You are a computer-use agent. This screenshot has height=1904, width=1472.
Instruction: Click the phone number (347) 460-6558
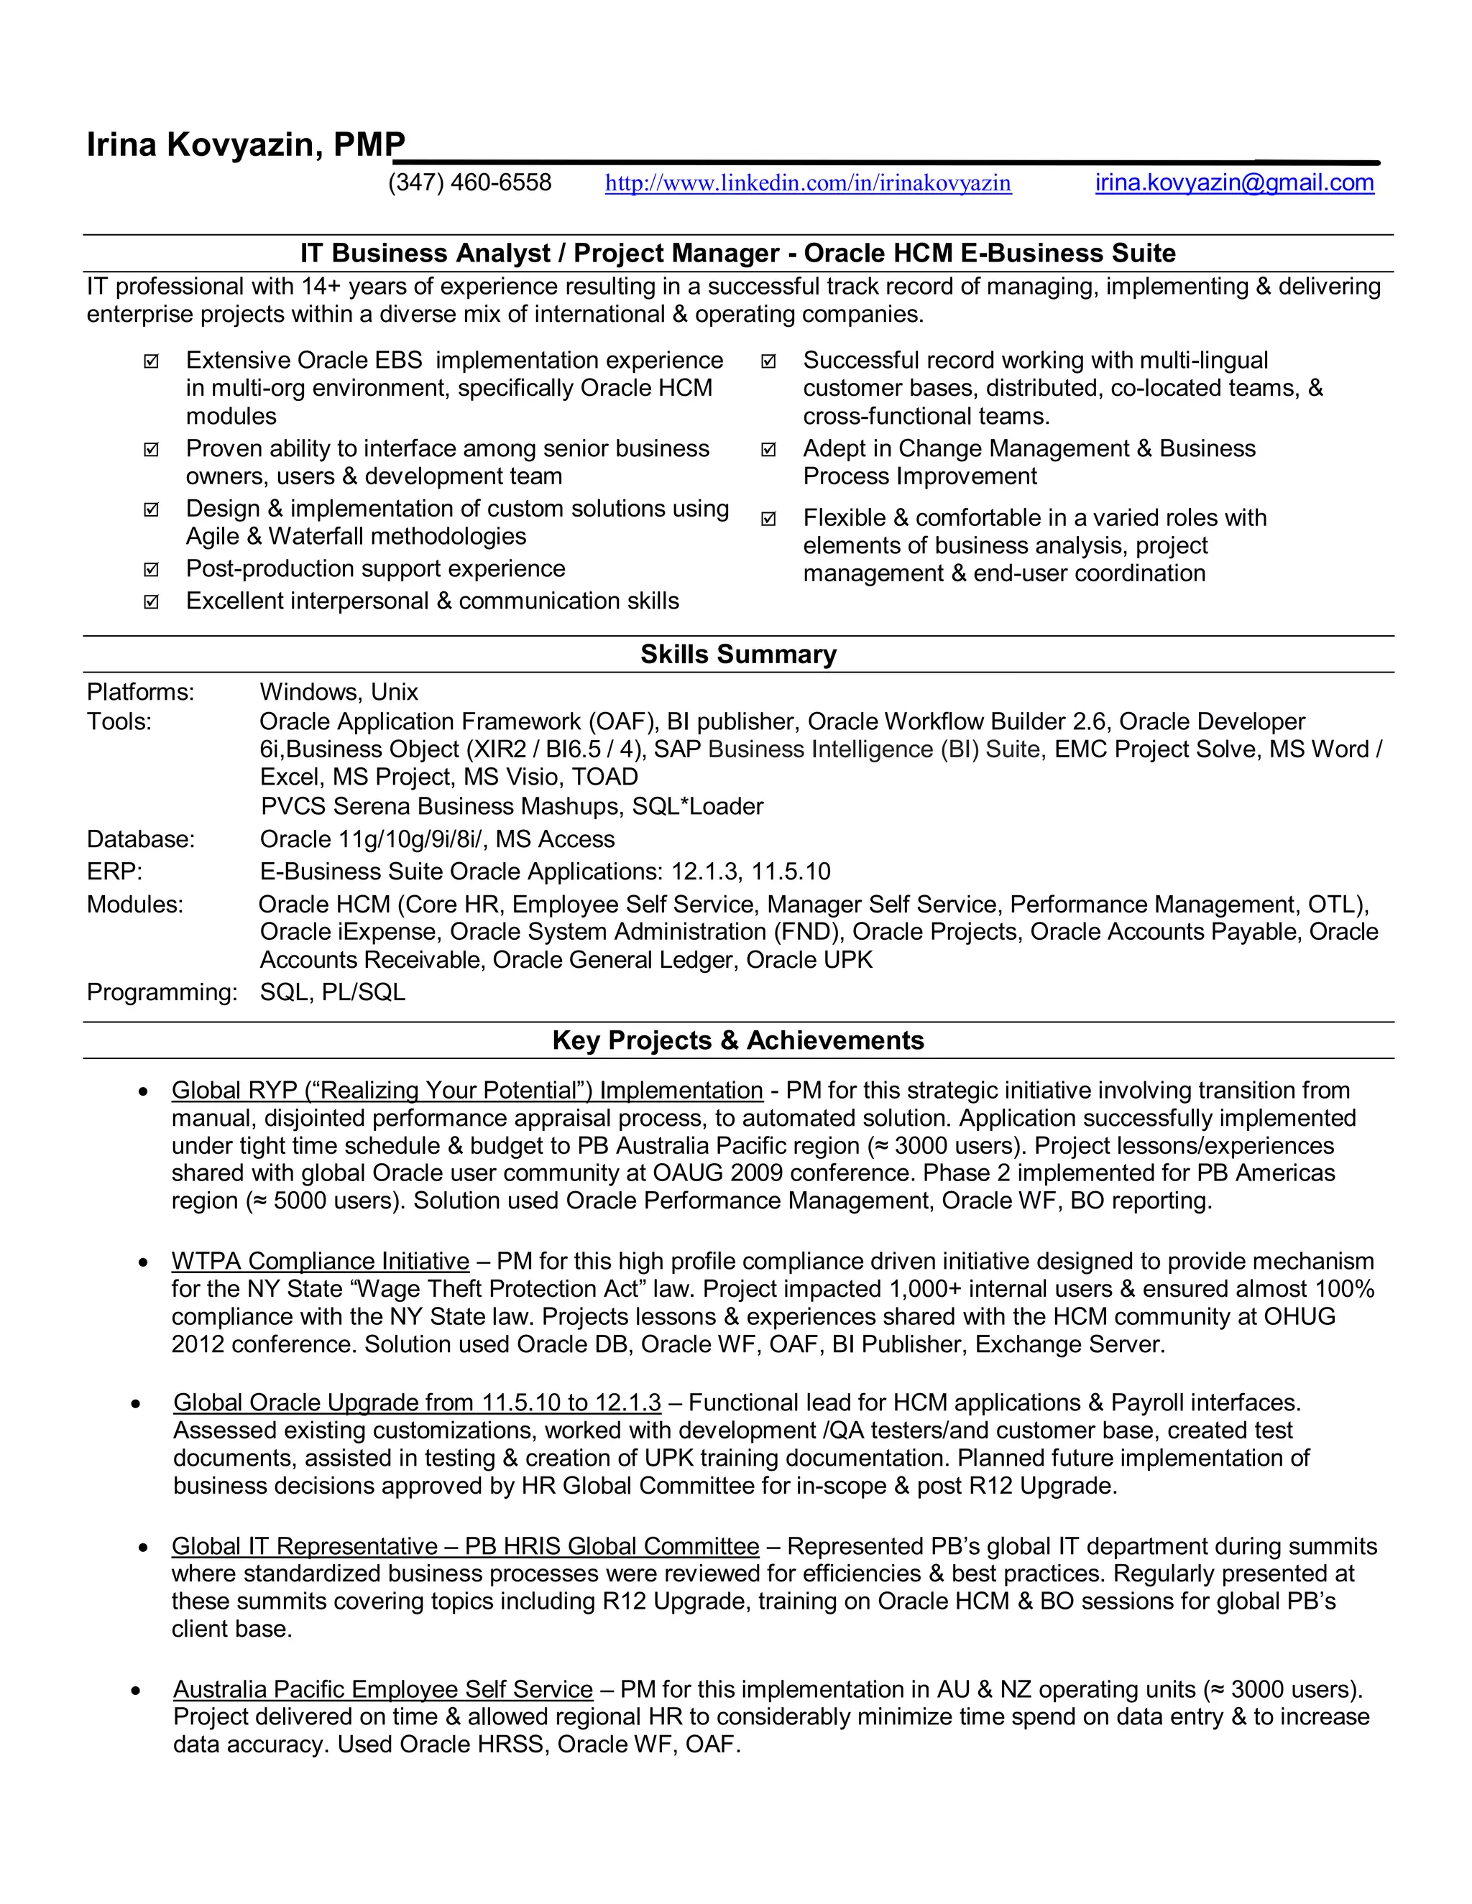(x=469, y=182)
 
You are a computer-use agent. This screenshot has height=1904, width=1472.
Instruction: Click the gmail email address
(x=1234, y=182)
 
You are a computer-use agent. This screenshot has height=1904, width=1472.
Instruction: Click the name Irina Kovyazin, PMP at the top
(x=246, y=144)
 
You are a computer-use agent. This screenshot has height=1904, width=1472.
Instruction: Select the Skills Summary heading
(x=737, y=654)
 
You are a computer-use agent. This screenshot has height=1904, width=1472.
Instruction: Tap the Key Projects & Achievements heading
(x=737, y=1040)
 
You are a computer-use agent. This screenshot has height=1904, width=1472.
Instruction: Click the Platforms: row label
(x=140, y=692)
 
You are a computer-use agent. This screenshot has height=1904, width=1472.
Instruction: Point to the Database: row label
(x=140, y=838)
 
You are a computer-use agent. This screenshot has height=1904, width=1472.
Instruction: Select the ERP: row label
(x=114, y=871)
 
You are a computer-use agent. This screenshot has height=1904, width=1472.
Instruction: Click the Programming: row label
(x=161, y=992)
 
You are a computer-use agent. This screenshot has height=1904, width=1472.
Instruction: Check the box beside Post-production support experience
(x=151, y=570)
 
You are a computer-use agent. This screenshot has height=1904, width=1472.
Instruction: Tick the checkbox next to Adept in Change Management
(x=768, y=450)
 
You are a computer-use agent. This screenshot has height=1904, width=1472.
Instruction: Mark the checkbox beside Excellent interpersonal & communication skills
(x=151, y=602)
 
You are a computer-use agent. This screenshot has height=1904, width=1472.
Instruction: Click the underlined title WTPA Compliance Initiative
(x=320, y=1262)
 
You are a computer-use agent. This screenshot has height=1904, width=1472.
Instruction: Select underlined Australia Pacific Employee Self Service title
(x=383, y=1690)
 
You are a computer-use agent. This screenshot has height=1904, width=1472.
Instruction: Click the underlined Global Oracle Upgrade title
(x=417, y=1402)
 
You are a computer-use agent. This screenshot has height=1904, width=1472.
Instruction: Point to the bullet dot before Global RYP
(x=143, y=1091)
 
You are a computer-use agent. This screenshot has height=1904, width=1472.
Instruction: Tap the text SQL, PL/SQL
(x=332, y=992)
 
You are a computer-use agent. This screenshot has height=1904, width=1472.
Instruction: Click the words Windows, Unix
(x=339, y=692)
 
